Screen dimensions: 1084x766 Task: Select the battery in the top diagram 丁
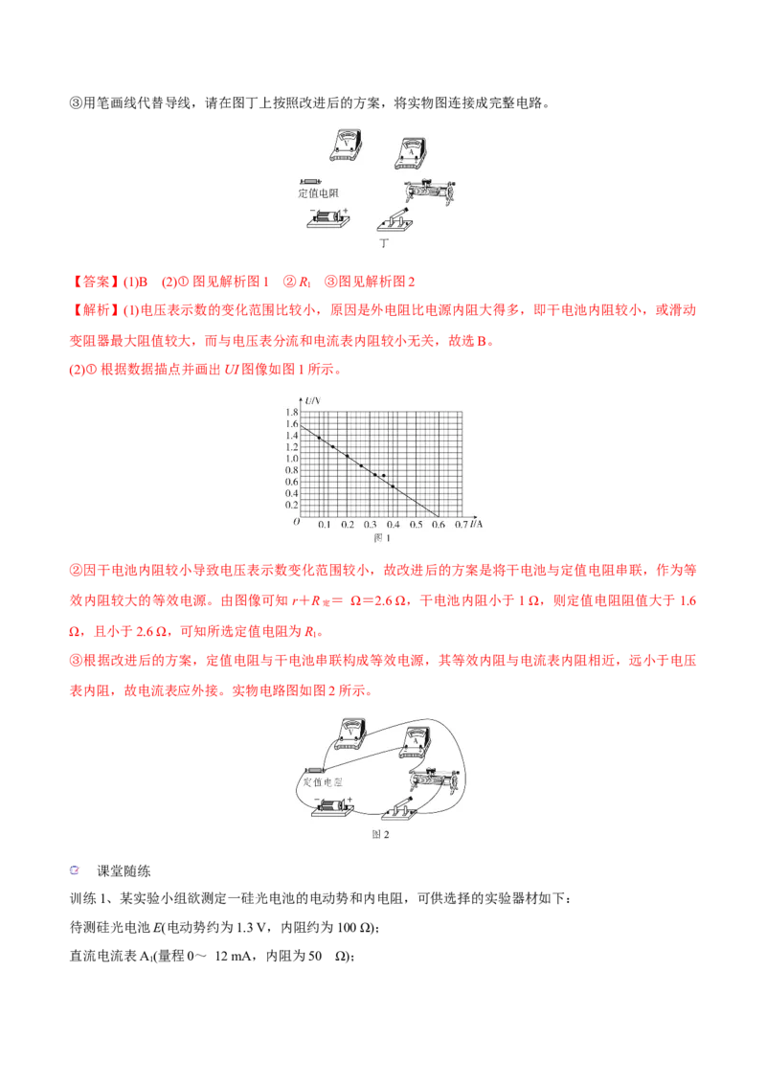(x=327, y=218)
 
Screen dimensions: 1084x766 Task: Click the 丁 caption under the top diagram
(x=385, y=244)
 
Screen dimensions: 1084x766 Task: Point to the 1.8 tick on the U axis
(x=291, y=413)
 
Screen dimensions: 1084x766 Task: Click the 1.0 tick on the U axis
(x=291, y=459)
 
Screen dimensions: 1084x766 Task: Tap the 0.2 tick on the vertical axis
(x=291, y=505)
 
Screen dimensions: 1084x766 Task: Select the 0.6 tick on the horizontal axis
(x=439, y=526)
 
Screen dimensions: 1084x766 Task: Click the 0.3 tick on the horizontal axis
(x=370, y=526)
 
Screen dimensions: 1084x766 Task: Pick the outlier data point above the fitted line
(x=384, y=476)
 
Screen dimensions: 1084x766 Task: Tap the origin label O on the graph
(x=296, y=523)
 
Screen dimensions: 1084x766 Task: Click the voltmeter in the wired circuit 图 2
(x=348, y=737)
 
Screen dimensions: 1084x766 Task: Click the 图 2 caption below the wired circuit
(x=380, y=835)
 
